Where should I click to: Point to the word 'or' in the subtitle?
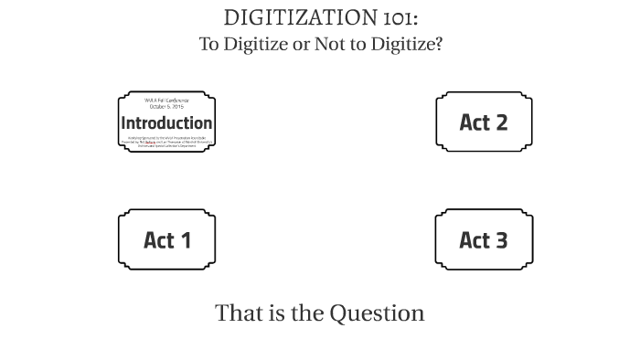point(299,44)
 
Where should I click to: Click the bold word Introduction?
point(166,122)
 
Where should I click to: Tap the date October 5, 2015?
point(166,107)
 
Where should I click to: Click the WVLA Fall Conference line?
point(166,101)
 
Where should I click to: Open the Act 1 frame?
point(166,239)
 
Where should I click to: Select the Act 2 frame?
point(483,122)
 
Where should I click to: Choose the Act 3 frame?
point(483,239)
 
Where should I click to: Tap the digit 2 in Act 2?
point(501,122)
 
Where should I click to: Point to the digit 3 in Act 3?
point(501,240)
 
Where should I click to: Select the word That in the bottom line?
point(235,313)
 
